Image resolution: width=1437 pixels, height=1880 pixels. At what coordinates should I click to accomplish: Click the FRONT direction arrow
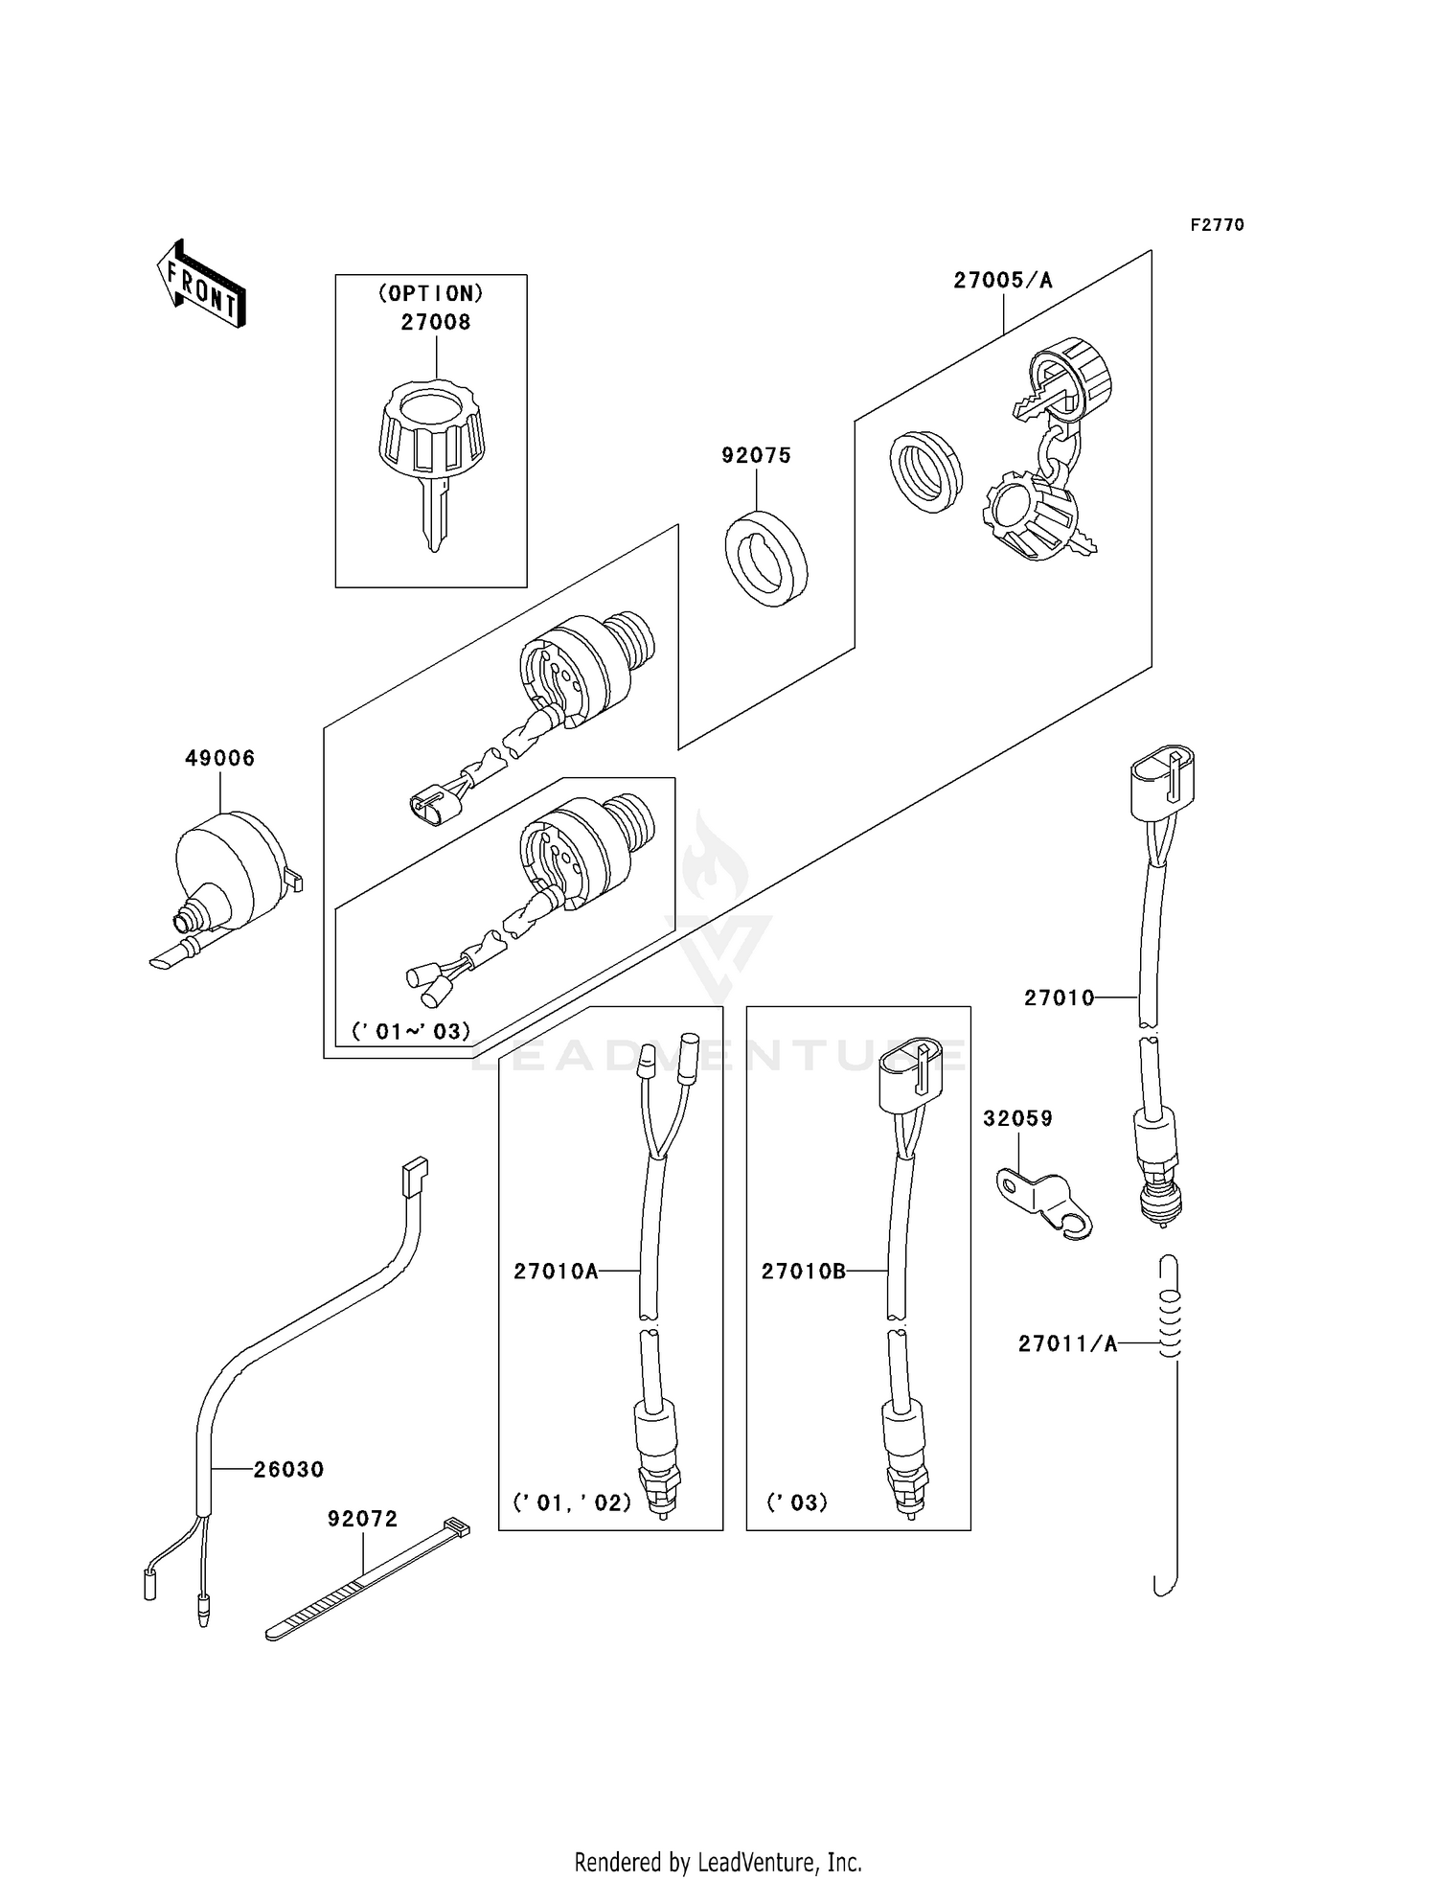201,284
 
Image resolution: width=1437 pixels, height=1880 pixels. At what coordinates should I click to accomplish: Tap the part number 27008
436,323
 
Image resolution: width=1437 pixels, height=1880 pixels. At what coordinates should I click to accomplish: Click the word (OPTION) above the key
430,293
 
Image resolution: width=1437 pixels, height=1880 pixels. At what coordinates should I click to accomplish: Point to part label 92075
756,456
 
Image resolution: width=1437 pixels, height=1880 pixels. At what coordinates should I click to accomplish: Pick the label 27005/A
1002,281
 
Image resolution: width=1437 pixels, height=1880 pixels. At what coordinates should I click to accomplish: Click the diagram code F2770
1217,225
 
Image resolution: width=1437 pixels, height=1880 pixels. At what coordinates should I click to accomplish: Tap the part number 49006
220,759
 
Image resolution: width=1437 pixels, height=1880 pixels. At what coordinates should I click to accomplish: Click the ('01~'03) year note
411,1032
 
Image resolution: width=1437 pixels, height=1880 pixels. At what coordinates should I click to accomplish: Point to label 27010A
556,1272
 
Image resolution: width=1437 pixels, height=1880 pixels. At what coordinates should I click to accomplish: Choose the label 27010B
804,1272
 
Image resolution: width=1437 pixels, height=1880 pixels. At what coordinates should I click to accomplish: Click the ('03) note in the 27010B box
796,1502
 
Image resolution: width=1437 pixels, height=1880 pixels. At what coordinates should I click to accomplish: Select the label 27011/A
1067,1344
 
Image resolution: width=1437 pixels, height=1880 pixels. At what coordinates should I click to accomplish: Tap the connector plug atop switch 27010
1162,784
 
